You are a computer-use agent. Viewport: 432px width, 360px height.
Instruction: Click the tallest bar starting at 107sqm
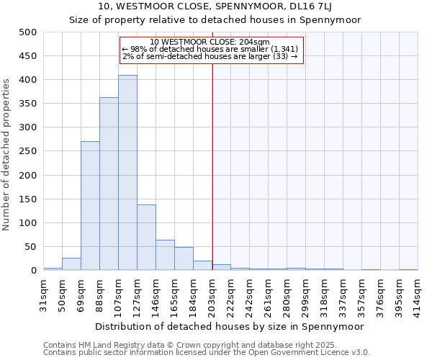click(127, 173)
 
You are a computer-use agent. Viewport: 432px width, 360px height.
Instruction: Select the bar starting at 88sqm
click(109, 184)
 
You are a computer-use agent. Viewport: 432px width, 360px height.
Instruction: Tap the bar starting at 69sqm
click(90, 206)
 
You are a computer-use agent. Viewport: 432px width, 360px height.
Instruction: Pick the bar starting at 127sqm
click(146, 238)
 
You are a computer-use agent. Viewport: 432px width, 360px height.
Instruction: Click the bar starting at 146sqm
click(165, 256)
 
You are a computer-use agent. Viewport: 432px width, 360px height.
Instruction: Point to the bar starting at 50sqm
click(71, 264)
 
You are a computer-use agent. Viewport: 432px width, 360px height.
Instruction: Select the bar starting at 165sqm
click(184, 259)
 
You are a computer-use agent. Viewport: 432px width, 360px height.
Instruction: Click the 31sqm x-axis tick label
click(43, 294)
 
